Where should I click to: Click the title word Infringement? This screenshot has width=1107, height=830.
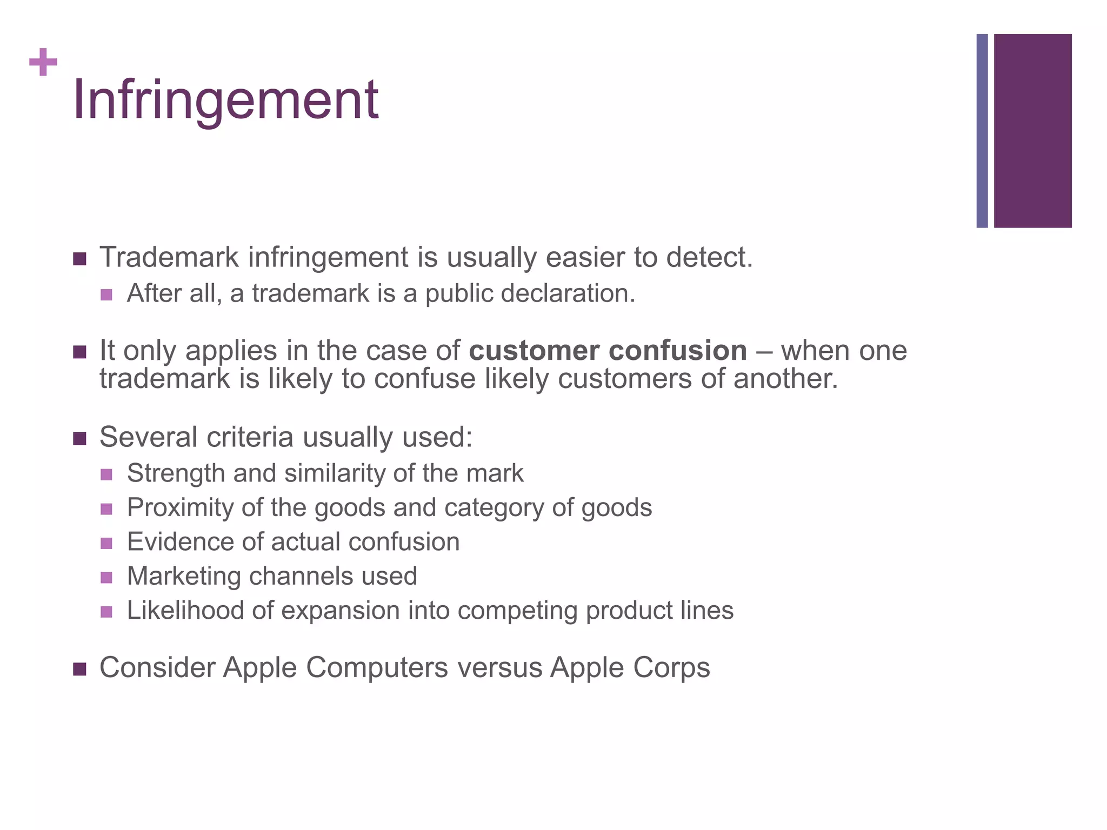tap(225, 100)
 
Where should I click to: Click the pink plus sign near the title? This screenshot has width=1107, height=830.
tap(43, 62)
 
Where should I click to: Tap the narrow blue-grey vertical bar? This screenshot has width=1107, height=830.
tap(982, 131)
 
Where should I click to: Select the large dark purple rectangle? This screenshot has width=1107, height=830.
tap(1032, 131)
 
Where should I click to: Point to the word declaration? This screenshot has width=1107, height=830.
tap(567, 293)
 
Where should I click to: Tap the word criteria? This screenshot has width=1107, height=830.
tap(252, 437)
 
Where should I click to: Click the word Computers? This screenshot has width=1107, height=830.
tap(377, 667)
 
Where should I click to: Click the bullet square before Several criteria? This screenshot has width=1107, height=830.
tap(79, 438)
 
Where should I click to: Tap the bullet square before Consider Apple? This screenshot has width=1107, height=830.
tap(79, 669)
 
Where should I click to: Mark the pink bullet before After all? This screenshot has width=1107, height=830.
tap(106, 295)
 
